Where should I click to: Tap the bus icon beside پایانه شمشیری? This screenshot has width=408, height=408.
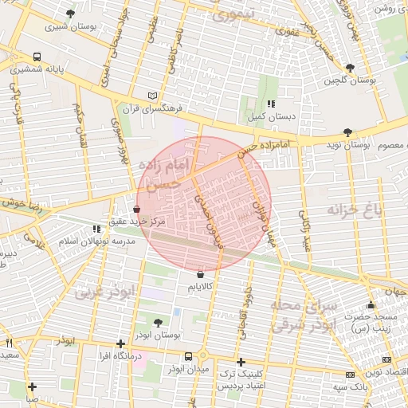coord(37,57)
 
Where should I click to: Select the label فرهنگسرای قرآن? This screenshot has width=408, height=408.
coord(156,107)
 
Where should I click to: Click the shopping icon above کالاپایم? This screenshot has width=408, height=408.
coord(199,274)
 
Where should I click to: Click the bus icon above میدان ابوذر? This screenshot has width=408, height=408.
coord(188,356)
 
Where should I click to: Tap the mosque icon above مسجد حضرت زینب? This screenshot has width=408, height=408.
coord(371,304)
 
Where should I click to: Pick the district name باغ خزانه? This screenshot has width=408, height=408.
coord(355,210)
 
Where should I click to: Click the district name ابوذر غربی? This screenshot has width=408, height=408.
coord(106,292)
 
